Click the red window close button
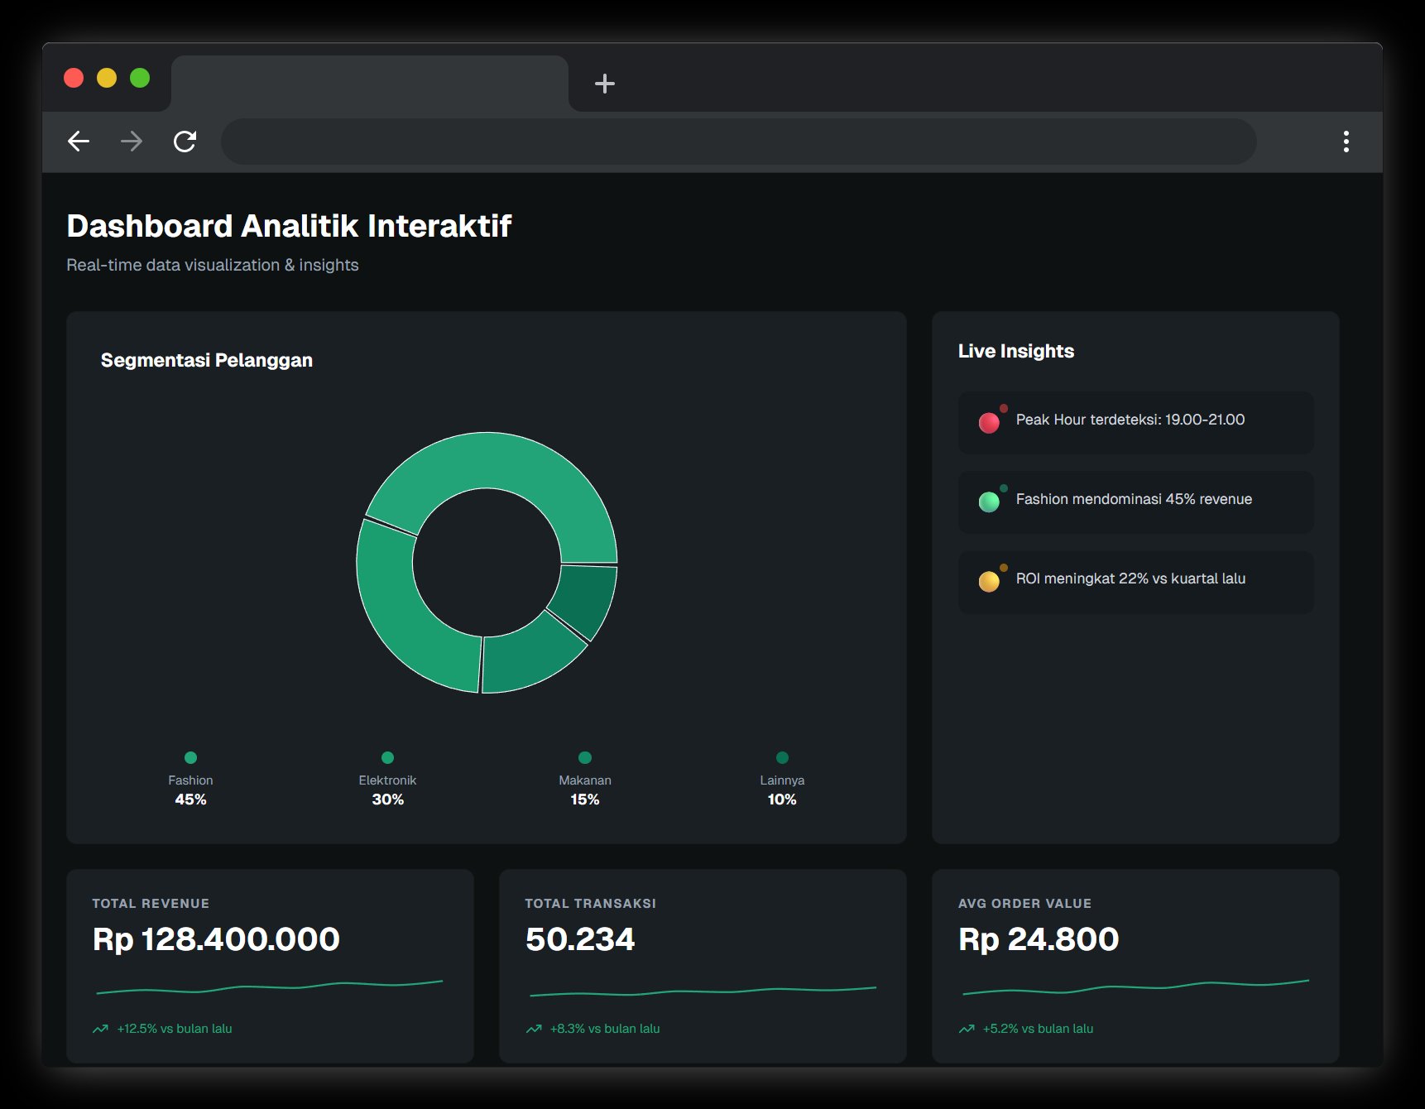click(74, 78)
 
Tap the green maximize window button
click(140, 78)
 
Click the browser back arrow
click(79, 142)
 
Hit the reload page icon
click(185, 142)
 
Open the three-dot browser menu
click(1346, 142)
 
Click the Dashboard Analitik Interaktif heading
click(289, 226)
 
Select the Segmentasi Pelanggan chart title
click(206, 360)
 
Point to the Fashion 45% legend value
click(190, 799)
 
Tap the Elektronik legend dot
click(387, 757)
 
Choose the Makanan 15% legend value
click(584, 799)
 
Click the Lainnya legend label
click(781, 780)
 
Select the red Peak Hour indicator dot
click(989, 423)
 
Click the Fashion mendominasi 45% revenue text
click(1133, 499)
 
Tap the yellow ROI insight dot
click(989, 582)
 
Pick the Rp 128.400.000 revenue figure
click(216, 939)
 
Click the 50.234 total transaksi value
click(579, 939)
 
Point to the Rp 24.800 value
click(1038, 939)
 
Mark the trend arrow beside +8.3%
click(534, 1029)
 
